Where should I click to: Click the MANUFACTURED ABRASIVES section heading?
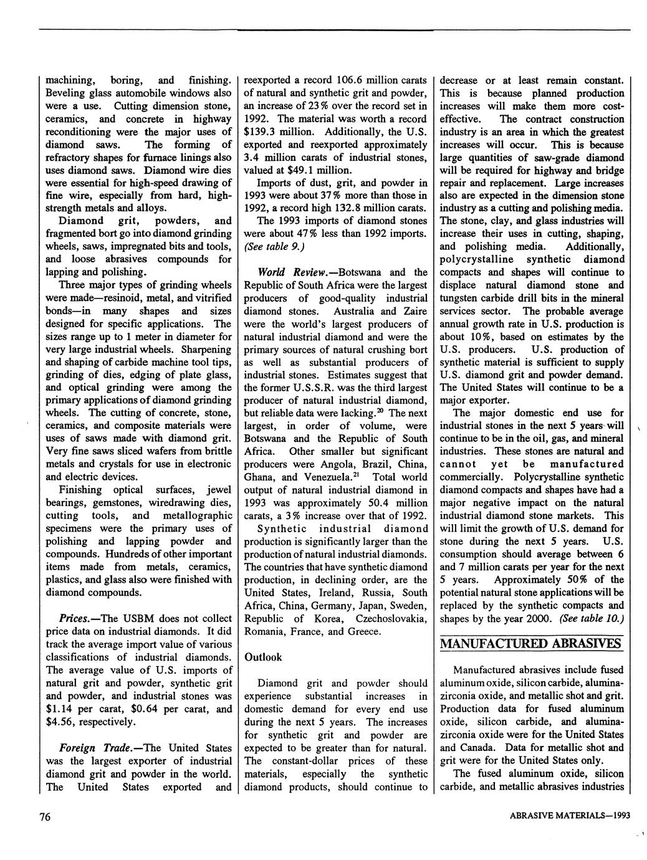click(531, 643)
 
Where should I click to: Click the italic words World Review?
click(287, 272)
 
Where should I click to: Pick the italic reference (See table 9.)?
click(273, 246)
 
